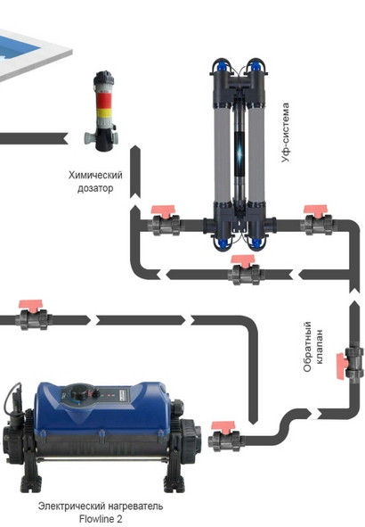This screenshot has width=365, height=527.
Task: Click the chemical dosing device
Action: click(101, 112)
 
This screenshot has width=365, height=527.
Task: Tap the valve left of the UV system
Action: click(164, 221)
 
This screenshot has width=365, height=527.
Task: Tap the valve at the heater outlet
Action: click(222, 436)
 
